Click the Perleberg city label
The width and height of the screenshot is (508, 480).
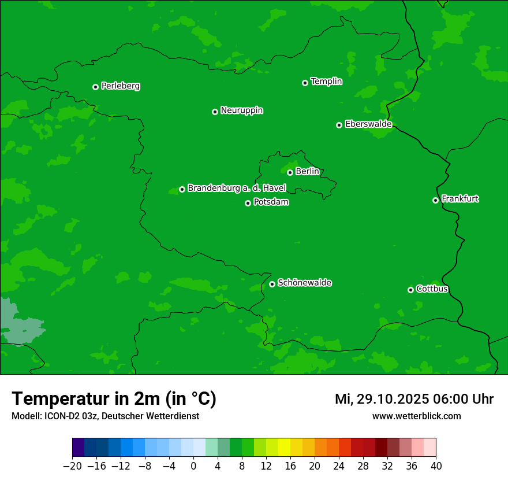click(120, 86)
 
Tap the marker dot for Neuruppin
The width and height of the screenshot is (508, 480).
click(215, 112)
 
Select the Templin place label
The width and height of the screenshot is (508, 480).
click(326, 82)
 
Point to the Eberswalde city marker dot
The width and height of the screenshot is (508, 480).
click(339, 125)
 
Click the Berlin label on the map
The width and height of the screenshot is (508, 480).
click(307, 171)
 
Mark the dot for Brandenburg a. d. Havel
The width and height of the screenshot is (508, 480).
click(182, 189)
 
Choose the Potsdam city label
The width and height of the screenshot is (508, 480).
click(271, 202)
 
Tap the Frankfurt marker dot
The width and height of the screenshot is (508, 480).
click(435, 200)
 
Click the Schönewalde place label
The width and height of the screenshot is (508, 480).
click(304, 283)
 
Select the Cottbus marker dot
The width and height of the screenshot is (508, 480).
click(410, 290)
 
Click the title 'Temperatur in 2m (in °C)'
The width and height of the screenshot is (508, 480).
click(114, 399)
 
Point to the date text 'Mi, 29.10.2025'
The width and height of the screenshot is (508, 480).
click(382, 399)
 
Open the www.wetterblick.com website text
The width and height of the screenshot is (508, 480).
click(416, 416)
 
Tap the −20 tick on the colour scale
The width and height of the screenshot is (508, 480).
click(72, 466)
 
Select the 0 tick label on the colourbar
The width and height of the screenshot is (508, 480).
click(193, 466)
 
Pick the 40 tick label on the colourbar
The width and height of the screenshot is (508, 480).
click(436, 466)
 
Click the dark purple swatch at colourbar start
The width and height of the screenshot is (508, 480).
click(78, 448)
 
